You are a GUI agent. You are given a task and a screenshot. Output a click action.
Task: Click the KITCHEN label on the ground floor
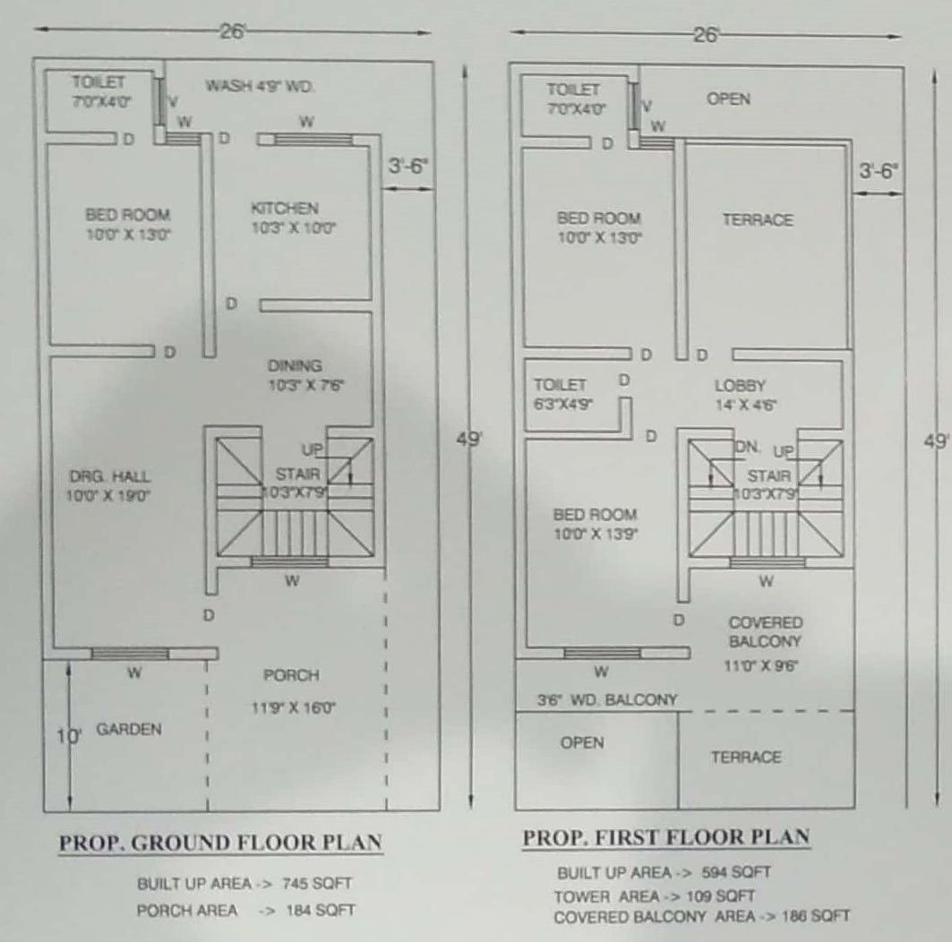(285, 208)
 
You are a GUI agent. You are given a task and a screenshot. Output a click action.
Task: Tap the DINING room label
(295, 365)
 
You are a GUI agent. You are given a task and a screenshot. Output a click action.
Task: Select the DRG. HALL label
(110, 476)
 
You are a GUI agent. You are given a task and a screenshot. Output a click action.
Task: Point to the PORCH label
(291, 675)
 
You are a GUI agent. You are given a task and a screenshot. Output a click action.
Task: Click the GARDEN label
(129, 729)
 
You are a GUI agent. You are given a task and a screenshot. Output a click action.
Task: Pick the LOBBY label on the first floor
(740, 385)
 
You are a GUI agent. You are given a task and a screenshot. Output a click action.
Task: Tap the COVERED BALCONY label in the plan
(766, 632)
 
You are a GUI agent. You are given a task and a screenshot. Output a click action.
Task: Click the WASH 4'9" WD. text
(260, 86)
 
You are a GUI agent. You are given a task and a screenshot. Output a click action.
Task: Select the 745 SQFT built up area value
(317, 883)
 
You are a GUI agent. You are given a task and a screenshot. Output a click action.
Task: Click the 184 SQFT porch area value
(321, 910)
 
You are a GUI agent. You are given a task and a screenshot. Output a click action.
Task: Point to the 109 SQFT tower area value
(721, 895)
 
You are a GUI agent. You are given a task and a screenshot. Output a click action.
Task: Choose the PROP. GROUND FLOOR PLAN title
(220, 843)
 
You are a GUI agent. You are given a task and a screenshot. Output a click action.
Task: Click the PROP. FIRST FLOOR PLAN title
(666, 837)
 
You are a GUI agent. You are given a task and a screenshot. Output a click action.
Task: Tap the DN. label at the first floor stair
(748, 447)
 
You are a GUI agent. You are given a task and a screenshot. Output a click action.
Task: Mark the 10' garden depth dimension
(68, 736)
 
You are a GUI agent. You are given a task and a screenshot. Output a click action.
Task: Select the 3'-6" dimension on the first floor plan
(878, 171)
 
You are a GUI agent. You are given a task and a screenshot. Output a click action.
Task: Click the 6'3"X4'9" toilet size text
(563, 404)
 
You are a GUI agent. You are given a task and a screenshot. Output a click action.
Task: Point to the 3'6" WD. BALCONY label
(606, 700)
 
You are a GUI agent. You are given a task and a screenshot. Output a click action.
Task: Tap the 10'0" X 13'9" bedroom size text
(595, 534)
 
